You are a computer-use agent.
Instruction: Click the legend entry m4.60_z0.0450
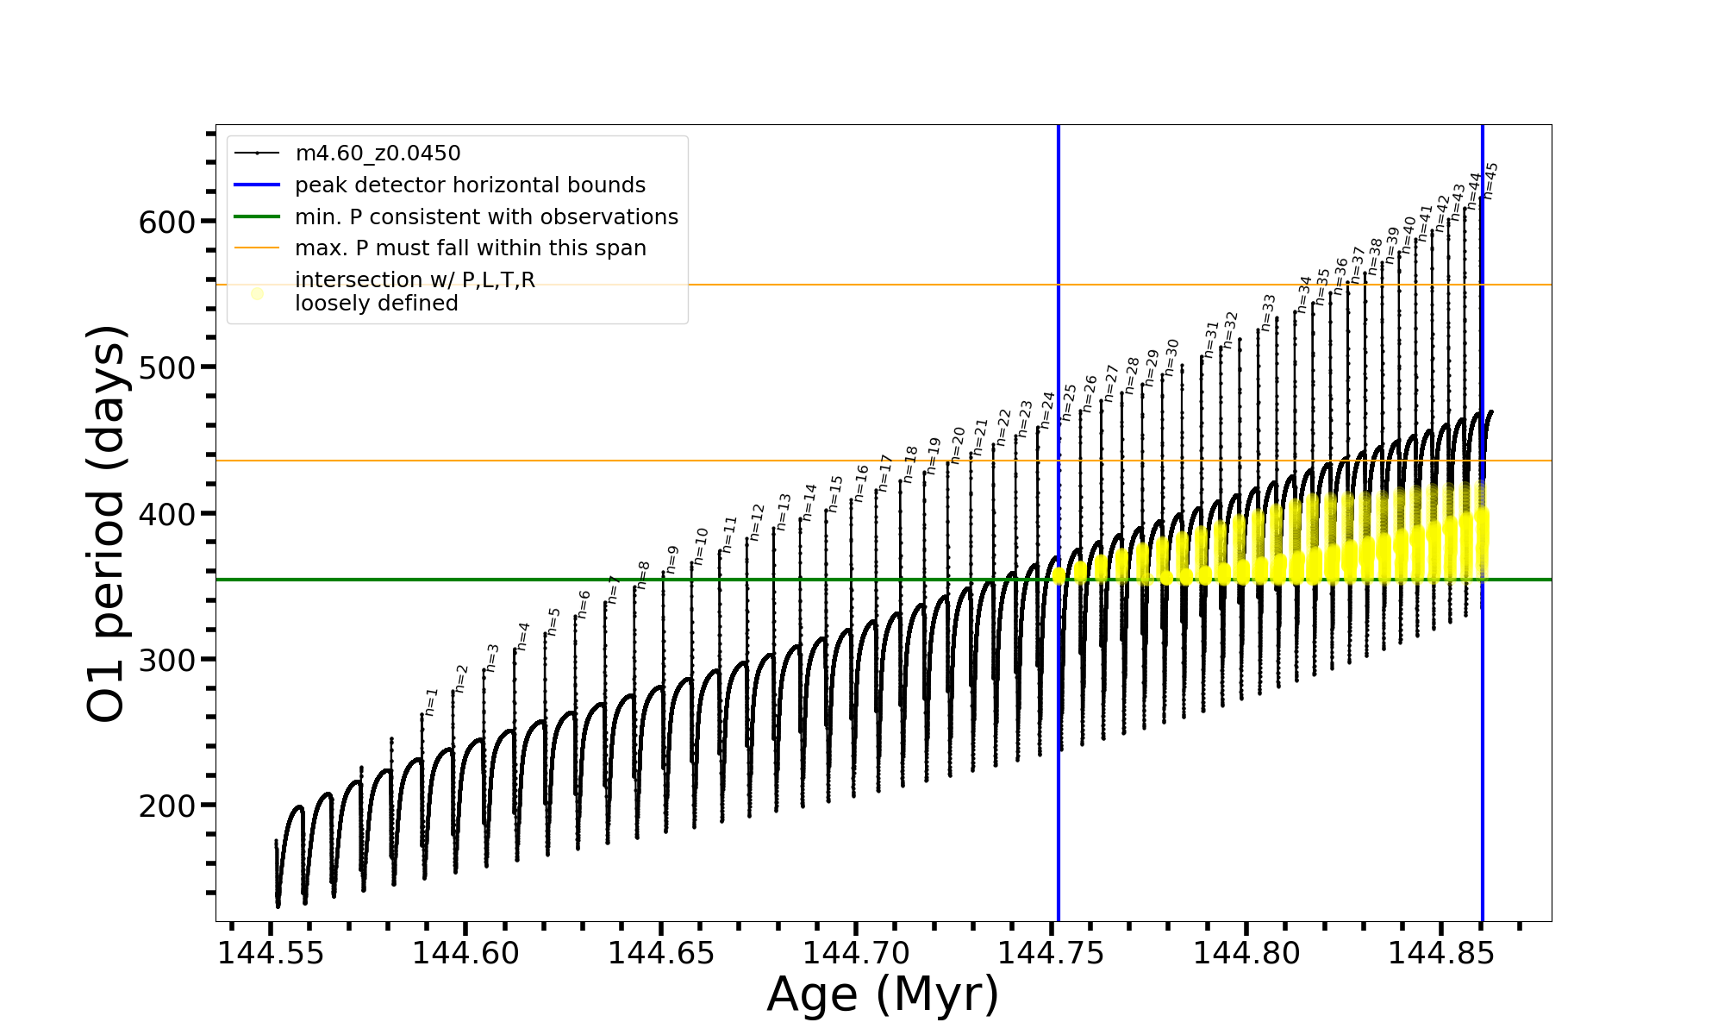pyautogui.click(x=378, y=154)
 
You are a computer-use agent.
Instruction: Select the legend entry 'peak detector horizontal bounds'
pyautogui.click(x=470, y=185)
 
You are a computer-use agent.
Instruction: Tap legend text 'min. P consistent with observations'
pyautogui.click(x=486, y=216)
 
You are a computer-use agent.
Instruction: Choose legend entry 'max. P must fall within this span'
pyautogui.click(x=470, y=248)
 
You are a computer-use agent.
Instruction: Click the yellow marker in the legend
pyautogui.click(x=257, y=294)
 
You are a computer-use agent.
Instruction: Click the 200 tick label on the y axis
pyautogui.click(x=167, y=806)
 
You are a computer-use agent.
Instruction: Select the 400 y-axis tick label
pyautogui.click(x=167, y=514)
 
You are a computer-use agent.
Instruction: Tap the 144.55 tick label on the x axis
pyautogui.click(x=271, y=954)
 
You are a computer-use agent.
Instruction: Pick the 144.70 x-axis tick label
pyautogui.click(x=856, y=954)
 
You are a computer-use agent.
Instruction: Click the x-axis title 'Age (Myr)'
pyautogui.click(x=883, y=994)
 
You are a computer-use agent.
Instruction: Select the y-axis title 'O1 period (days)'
pyautogui.click(x=107, y=524)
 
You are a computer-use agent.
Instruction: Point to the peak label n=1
pyautogui.click(x=431, y=702)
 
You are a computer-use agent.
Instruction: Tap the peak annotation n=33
pyautogui.click(x=1268, y=312)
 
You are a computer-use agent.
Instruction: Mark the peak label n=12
pyautogui.click(x=757, y=523)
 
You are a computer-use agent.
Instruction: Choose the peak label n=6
pyautogui.click(x=584, y=605)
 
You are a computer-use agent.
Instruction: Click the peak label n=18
pyautogui.click(x=910, y=464)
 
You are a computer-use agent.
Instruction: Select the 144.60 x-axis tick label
pyautogui.click(x=465, y=954)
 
